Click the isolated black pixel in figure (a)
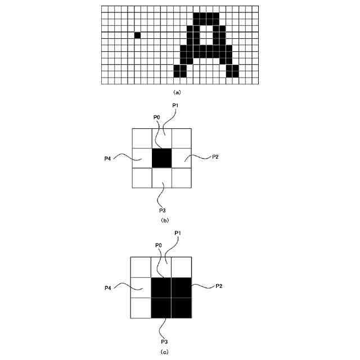tap(137, 35)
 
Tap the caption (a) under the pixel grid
tap(178, 92)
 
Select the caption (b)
tap(165, 220)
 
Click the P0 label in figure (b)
tap(157, 117)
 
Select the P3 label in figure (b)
tap(162, 210)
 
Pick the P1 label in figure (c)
tap(178, 233)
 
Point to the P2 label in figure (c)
tap(219, 286)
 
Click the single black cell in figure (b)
tap(161, 157)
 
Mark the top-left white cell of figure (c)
tap(141, 267)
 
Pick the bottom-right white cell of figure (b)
tap(181, 178)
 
